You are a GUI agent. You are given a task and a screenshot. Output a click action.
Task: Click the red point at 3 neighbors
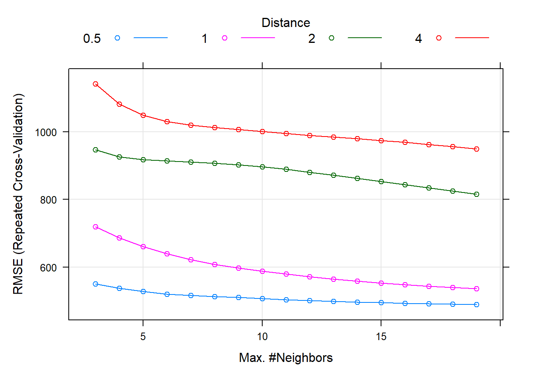click(x=95, y=84)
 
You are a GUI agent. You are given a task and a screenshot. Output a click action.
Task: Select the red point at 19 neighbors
click(x=476, y=149)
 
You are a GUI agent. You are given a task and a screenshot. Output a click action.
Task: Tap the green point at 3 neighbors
click(x=95, y=150)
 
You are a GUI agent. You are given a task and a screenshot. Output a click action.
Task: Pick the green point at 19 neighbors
click(x=476, y=194)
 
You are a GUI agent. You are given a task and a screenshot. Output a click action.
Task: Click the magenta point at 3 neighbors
click(x=95, y=227)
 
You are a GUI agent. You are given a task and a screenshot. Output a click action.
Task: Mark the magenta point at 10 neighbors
click(x=262, y=271)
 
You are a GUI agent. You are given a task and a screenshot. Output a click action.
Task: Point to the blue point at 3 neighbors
click(x=95, y=284)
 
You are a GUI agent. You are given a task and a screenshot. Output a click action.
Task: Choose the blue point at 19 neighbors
click(x=476, y=305)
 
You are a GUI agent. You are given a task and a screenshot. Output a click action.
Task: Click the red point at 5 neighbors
click(x=143, y=115)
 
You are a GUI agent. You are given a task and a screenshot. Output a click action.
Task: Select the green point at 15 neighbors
click(x=381, y=182)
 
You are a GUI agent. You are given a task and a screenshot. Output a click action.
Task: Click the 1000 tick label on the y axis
click(x=46, y=133)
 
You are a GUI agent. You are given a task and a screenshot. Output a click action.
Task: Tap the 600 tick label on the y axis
click(x=48, y=268)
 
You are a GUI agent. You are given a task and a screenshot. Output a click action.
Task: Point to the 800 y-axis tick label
click(x=48, y=200)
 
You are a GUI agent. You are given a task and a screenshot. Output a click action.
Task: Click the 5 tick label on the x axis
click(x=143, y=337)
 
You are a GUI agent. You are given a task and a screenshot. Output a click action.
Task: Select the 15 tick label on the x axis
click(x=381, y=337)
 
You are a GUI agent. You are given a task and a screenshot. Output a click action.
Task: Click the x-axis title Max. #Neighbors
click(x=286, y=358)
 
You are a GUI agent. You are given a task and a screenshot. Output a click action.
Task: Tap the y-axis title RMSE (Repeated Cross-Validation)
click(x=18, y=194)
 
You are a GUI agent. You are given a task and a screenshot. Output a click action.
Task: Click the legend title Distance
click(x=286, y=23)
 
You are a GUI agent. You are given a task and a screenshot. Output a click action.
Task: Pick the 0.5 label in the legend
click(x=92, y=39)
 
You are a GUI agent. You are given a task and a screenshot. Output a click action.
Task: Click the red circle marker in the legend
click(x=439, y=38)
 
